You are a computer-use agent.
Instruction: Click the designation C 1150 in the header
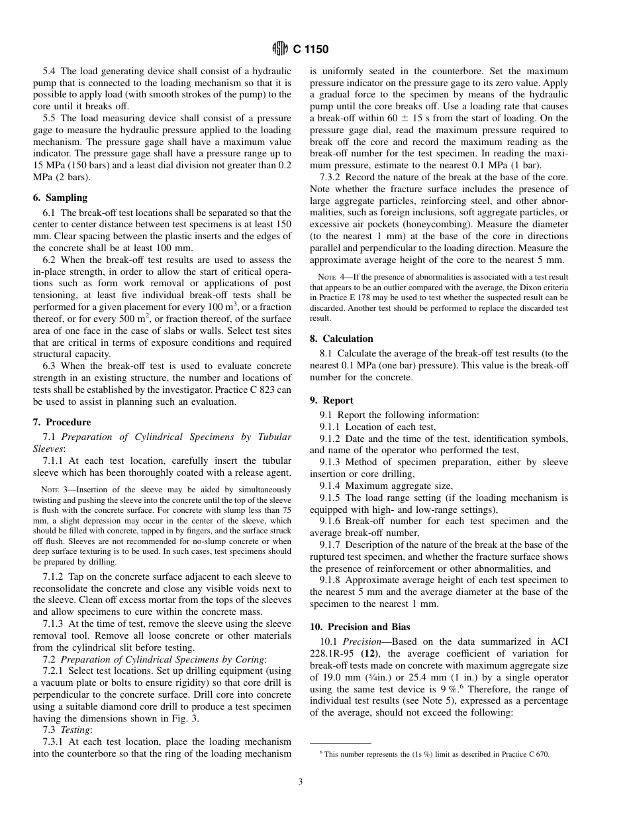[x=311, y=49]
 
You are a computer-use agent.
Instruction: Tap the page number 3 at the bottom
[x=300, y=782]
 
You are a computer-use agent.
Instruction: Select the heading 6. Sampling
[x=60, y=197]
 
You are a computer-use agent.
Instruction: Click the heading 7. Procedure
[x=62, y=422]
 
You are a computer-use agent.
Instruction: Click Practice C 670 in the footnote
[x=524, y=754]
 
